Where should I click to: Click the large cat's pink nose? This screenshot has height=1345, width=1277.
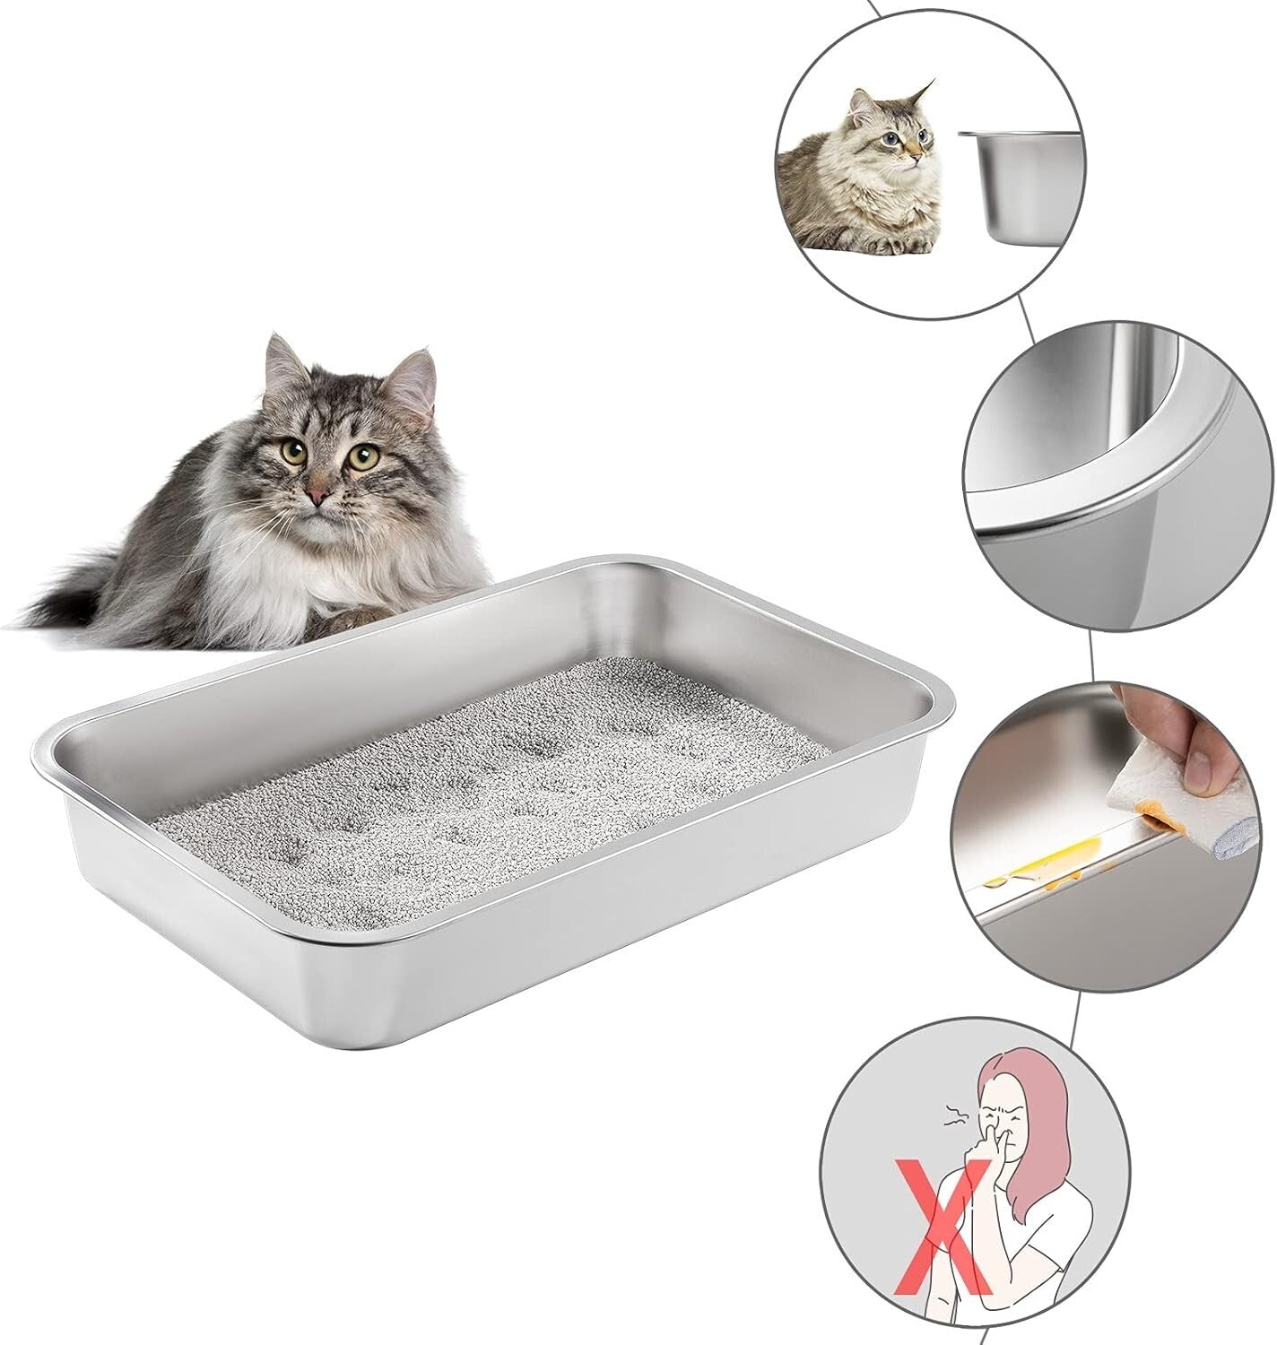pyautogui.click(x=317, y=495)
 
